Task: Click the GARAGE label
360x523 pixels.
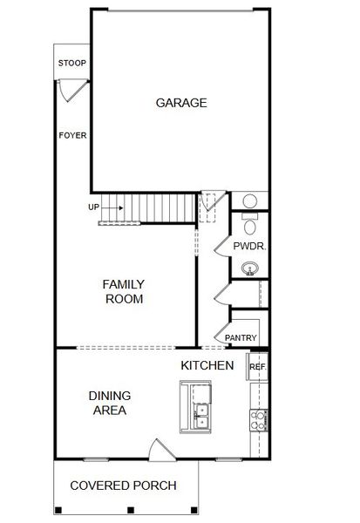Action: [181, 103]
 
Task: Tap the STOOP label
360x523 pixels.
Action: [71, 64]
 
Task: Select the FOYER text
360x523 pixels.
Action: [72, 135]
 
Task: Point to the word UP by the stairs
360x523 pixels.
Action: [93, 207]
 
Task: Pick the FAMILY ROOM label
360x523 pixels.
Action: [124, 291]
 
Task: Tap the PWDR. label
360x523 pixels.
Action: [248, 247]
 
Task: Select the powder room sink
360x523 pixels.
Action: [251, 268]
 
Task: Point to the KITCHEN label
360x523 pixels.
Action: [207, 365]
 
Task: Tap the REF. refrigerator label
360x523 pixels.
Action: [257, 367]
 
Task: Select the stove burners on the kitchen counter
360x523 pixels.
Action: [259, 421]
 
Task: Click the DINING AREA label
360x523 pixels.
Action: [109, 402]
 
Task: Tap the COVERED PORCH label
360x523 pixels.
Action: [123, 486]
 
